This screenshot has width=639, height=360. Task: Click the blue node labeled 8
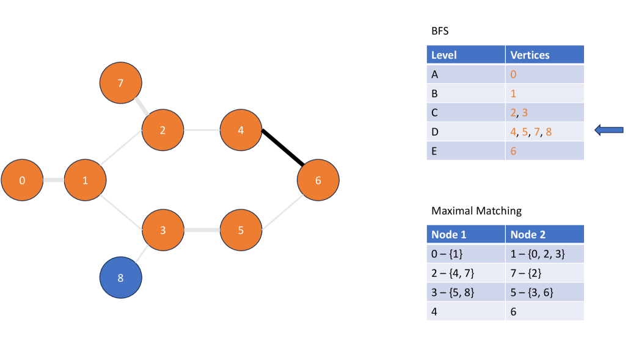[x=121, y=277]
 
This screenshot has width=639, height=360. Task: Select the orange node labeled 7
[x=121, y=83]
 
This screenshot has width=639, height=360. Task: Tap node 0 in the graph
[x=22, y=180]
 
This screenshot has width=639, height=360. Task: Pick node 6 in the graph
[x=318, y=180]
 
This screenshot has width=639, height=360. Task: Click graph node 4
[x=241, y=130]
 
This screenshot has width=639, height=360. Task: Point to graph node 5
[x=241, y=230]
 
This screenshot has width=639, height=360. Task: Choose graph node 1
[x=85, y=180]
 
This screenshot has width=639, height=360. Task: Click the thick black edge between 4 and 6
[x=282, y=148]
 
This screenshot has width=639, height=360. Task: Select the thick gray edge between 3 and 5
[x=202, y=230]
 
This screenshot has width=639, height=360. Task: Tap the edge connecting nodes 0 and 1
[x=53, y=180]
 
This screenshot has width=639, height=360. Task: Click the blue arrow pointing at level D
[x=609, y=130]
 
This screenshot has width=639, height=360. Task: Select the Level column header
[x=466, y=55]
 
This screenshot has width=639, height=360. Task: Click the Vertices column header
[x=544, y=55]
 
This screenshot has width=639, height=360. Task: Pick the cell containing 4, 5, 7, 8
[x=544, y=131]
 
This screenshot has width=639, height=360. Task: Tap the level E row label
[x=466, y=150]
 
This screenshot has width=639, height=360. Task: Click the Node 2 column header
[x=544, y=235]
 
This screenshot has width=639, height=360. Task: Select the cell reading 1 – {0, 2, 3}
[x=544, y=253]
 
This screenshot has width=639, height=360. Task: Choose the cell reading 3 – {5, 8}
[x=466, y=292]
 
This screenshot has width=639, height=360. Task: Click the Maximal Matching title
[x=477, y=211]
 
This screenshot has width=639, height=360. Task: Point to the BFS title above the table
[x=440, y=31]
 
